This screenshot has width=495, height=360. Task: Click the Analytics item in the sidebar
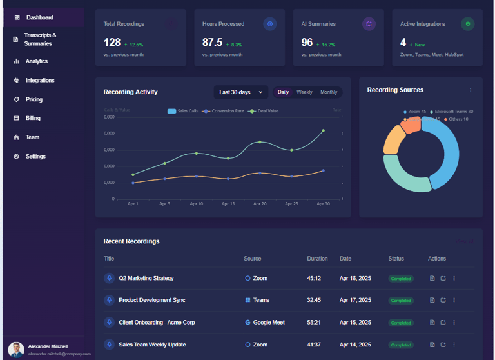click(x=36, y=61)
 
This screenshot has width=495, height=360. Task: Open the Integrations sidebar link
click(x=39, y=81)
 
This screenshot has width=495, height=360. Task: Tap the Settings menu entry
click(x=35, y=157)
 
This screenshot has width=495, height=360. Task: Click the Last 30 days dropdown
click(x=240, y=92)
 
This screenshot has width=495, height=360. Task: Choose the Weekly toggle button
click(x=304, y=92)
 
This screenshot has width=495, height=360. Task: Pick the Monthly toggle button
click(x=329, y=92)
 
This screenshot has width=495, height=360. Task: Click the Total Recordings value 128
click(x=112, y=43)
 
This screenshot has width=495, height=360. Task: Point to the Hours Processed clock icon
click(x=270, y=24)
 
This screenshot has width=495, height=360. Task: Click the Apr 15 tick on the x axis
click(x=228, y=204)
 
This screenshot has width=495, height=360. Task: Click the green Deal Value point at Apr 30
click(x=323, y=131)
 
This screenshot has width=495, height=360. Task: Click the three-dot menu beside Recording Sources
click(x=471, y=90)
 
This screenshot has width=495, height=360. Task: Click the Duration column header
click(x=317, y=259)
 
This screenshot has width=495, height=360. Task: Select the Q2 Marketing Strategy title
click(x=146, y=279)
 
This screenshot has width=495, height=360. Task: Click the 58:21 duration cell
click(x=315, y=323)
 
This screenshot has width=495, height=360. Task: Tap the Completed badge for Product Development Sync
click(x=401, y=301)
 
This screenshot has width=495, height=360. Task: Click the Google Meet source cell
click(x=269, y=323)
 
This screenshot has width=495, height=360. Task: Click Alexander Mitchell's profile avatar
click(x=16, y=350)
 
